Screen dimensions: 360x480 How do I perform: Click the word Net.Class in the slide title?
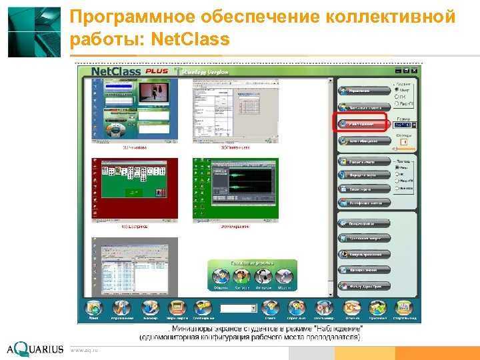click(191, 40)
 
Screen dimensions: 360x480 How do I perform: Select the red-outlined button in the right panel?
click(363, 123)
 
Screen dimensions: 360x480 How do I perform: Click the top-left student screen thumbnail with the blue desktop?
click(135, 110)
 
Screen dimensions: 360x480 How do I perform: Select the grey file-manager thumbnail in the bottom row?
click(135, 267)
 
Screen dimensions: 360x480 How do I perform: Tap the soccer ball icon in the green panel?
click(263, 276)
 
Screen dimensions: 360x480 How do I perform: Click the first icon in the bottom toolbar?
click(93, 308)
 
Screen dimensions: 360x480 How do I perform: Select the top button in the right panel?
click(363, 89)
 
